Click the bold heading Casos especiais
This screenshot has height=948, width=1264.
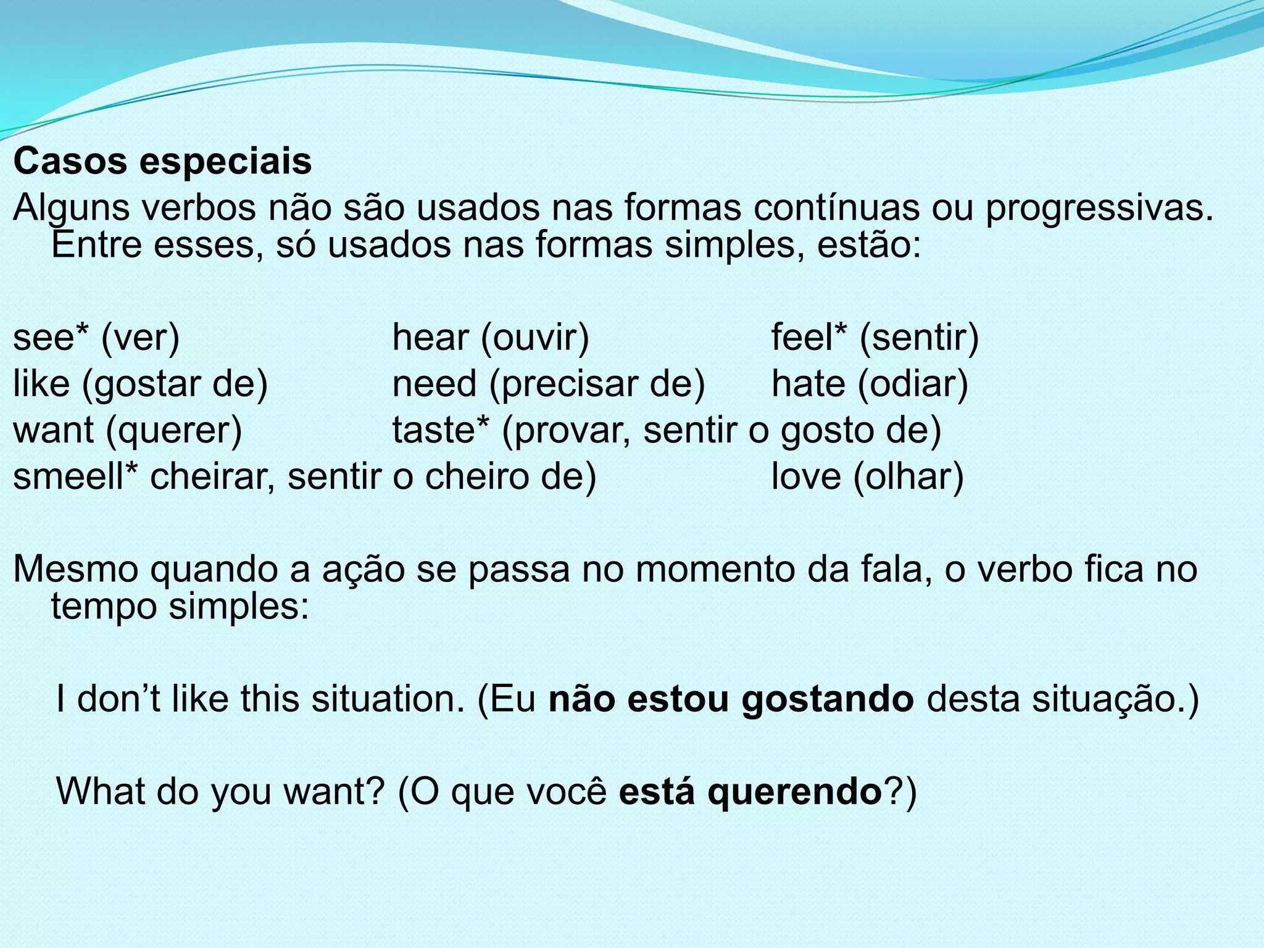(x=162, y=162)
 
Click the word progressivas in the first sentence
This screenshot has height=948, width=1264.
(x=1099, y=209)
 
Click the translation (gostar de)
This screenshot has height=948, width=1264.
(x=175, y=385)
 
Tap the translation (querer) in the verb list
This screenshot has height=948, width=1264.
(x=174, y=431)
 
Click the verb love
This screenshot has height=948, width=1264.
(x=806, y=477)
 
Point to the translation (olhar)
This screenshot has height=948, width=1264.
(x=908, y=477)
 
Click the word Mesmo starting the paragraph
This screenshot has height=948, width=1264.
(x=78, y=569)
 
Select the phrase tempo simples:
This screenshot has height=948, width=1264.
(x=180, y=606)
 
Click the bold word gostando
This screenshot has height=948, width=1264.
(x=827, y=700)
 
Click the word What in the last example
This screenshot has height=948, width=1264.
(x=99, y=792)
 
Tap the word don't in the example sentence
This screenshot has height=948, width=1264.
(x=120, y=700)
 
